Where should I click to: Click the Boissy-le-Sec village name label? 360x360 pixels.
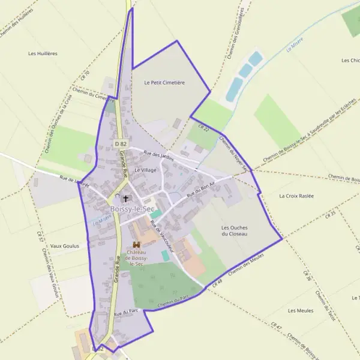[131, 208]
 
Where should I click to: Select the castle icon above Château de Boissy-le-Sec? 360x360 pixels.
[136, 244]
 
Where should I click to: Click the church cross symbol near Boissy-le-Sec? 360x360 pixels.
[126, 198]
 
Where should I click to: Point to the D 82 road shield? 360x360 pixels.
[121, 144]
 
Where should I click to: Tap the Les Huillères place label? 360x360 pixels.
[43, 53]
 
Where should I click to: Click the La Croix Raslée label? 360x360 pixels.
[296, 196]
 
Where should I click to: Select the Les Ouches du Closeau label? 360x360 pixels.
[235, 231]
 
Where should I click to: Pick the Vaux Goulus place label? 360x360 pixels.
[65, 246]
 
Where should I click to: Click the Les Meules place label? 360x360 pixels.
[300, 310]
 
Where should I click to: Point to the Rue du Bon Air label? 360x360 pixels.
[200, 191]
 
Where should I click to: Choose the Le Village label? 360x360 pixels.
[145, 170]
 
